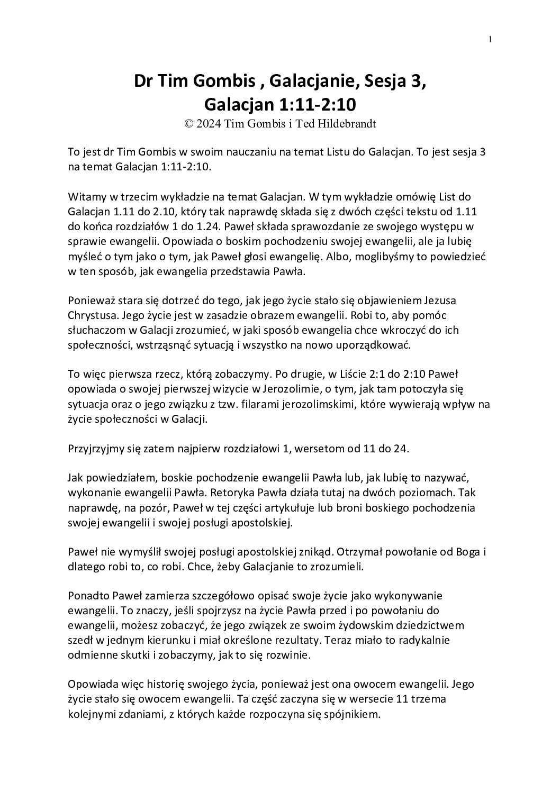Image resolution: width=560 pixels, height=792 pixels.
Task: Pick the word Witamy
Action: pos(85,197)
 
